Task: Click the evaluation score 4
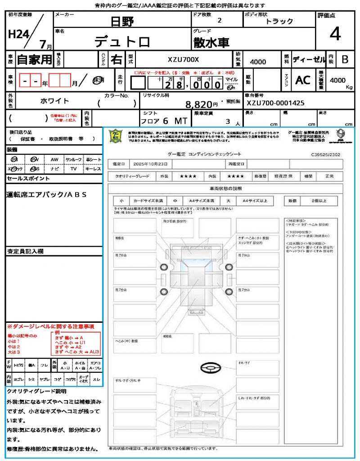point(335,34)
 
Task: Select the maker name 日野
point(122,22)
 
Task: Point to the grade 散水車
point(211,43)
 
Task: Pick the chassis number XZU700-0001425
point(275,103)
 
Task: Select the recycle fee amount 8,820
point(199,104)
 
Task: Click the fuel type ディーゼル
point(309,59)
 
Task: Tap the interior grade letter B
point(345,59)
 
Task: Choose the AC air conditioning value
point(303,80)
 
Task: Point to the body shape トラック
point(279,21)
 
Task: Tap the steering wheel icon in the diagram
point(210,369)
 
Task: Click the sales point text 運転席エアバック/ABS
point(47,194)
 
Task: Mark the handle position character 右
point(117,59)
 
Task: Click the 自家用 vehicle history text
point(34,59)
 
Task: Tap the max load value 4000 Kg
point(338,80)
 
